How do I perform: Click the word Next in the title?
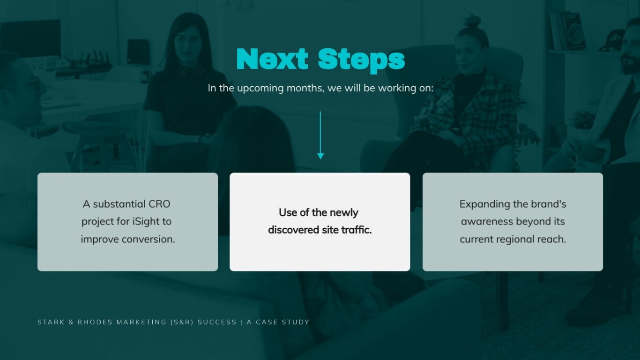point(272,60)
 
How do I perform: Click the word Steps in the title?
point(361,60)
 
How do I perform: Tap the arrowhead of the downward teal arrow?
point(320,156)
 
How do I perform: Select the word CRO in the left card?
point(159,204)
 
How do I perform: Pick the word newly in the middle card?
point(344,213)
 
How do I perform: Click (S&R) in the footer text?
point(182,322)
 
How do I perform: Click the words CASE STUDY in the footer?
point(283,322)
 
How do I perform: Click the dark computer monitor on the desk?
point(30,37)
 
